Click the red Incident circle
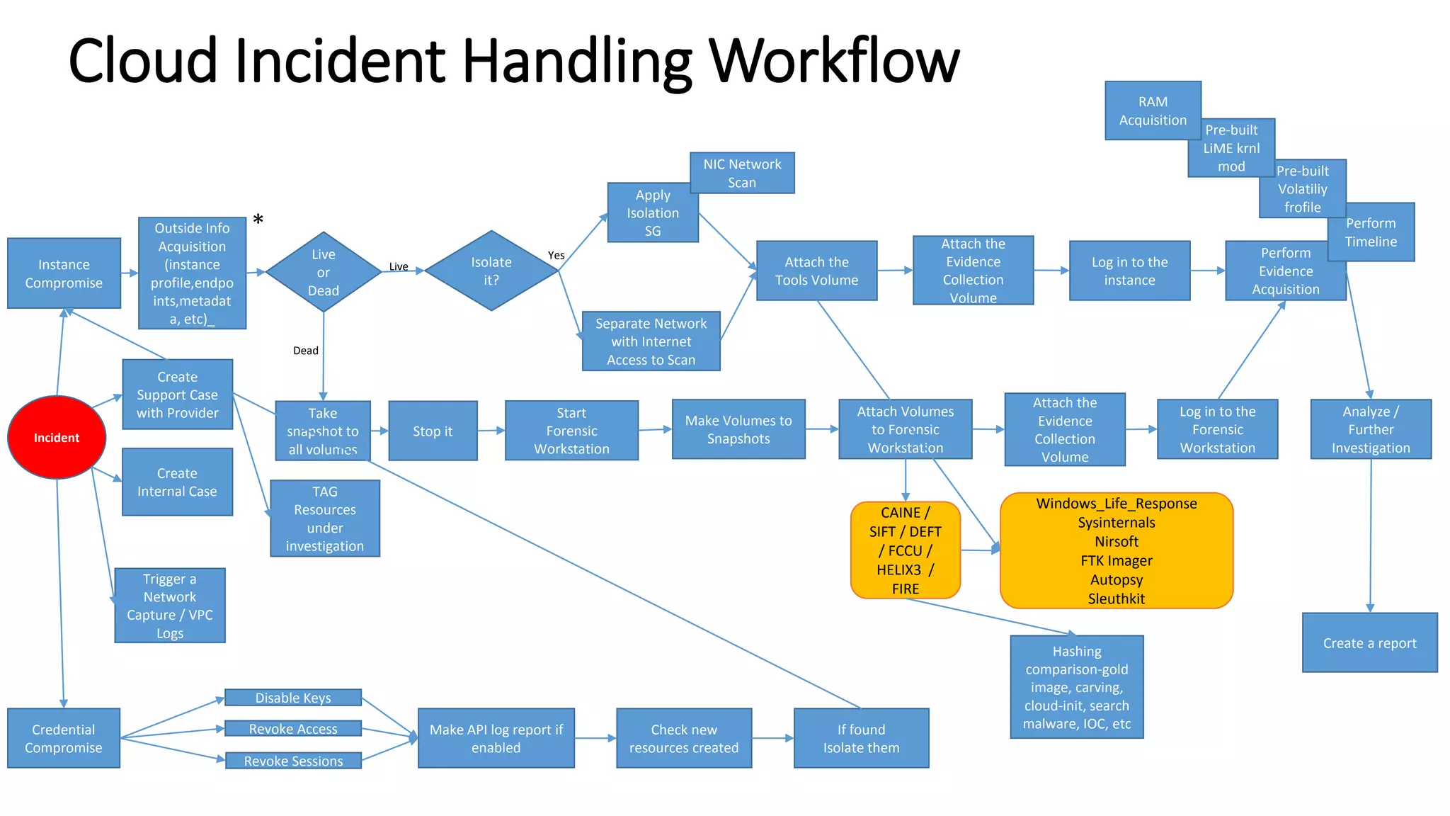57,437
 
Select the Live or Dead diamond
324,272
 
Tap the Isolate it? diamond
491,271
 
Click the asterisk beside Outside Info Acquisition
258,220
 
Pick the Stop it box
433,431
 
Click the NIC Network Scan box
742,173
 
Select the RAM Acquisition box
1153,110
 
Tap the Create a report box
1369,642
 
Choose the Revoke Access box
293,729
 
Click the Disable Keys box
293,698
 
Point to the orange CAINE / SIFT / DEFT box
905,550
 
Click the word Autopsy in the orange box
1117,579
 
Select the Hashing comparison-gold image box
1076,686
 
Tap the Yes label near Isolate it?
556,255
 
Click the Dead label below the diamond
306,351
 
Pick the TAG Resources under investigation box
325,518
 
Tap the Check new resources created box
684,738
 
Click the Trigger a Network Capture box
170,606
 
